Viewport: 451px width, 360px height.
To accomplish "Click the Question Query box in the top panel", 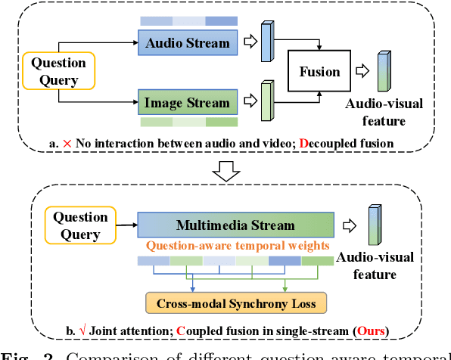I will (x=59, y=71).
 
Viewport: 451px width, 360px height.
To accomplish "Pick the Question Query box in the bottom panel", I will (x=81, y=225).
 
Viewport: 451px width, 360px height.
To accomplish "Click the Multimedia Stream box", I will (x=235, y=225).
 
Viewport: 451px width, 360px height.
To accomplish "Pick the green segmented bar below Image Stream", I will (x=188, y=122).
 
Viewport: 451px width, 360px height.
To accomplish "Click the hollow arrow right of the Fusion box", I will (x=363, y=73).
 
